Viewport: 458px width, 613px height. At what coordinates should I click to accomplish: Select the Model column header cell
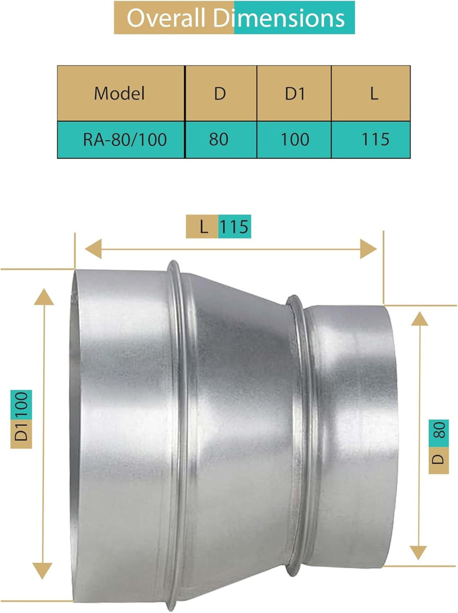click(120, 93)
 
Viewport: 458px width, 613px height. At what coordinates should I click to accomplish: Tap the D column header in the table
click(220, 93)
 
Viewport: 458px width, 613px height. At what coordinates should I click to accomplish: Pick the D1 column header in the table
click(294, 93)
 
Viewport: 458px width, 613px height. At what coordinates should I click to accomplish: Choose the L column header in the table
click(373, 93)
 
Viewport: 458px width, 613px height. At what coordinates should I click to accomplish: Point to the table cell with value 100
click(295, 139)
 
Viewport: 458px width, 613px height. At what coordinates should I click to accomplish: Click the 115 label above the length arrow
click(235, 227)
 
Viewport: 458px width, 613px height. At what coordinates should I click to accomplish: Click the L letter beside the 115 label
click(203, 227)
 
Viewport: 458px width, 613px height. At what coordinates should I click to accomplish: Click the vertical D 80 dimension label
click(439, 446)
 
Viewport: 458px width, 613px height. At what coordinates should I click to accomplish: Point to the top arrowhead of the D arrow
click(420, 318)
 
